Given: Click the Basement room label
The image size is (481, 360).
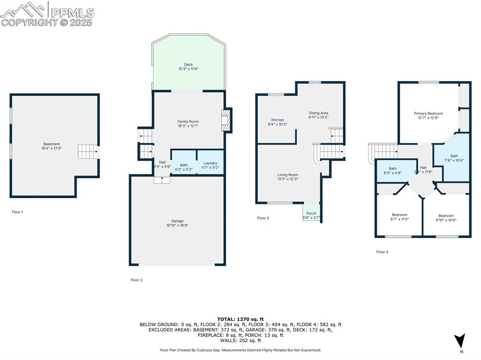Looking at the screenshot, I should pos(52,144).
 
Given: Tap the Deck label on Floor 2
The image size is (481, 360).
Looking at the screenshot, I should pos(188,65).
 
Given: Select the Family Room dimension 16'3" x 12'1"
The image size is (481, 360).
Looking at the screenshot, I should pos(188,126).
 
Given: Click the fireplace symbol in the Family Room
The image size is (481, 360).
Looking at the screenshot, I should pos(226,121).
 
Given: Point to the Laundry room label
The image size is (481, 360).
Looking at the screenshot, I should pos(210,163).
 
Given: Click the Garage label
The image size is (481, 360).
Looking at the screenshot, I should pos(177,221).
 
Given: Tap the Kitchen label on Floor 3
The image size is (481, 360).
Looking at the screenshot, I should pos(277,120).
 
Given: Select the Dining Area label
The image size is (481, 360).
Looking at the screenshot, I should pos(318,113).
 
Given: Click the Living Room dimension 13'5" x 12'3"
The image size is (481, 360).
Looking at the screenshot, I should pos(287,179).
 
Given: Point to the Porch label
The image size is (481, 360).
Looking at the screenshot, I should pos(311,213).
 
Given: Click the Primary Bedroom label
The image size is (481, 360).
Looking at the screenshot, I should pos(428,114).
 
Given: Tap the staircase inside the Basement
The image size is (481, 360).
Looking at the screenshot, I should pos(88,152).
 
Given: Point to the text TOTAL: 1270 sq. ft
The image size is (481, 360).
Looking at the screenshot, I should pos(240,319).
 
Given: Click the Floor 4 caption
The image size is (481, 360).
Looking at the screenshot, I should pos(382,252).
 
